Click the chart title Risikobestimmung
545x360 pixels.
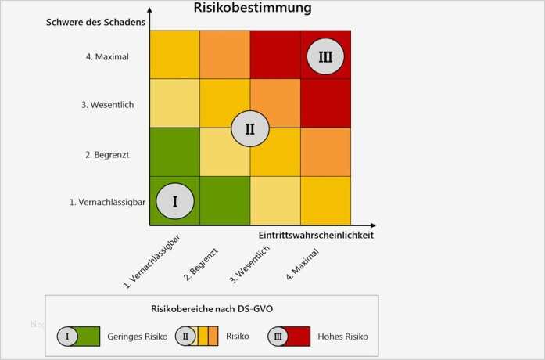click(x=253, y=9)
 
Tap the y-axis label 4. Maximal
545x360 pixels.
click(x=107, y=56)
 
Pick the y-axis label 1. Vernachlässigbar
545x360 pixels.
click(x=108, y=202)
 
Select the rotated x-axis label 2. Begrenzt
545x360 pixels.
click(x=200, y=262)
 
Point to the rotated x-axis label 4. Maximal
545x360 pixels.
click(x=299, y=263)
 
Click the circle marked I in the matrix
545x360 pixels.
click(x=174, y=201)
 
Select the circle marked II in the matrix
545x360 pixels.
click(x=249, y=129)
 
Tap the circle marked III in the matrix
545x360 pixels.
click(x=324, y=56)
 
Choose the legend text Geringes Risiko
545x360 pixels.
click(x=137, y=337)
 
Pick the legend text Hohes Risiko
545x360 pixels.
click(x=342, y=337)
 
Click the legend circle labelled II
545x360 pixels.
click(x=186, y=337)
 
